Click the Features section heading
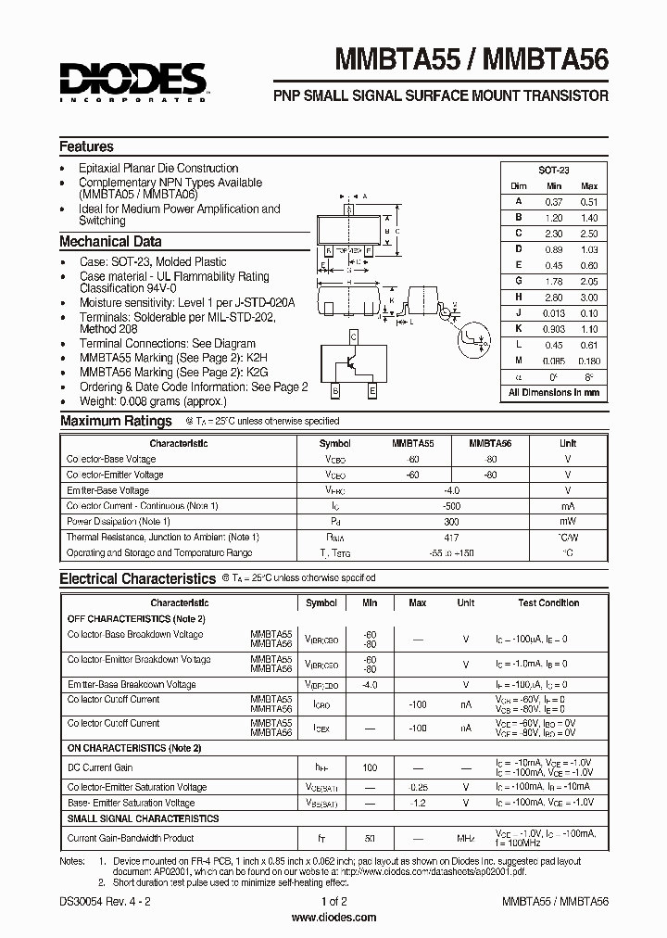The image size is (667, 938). click(86, 146)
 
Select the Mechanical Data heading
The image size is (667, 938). click(110, 242)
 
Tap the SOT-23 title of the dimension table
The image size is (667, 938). click(554, 171)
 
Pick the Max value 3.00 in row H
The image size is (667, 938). click(589, 297)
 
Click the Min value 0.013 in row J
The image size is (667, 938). click(553, 312)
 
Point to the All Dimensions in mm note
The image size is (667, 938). click(554, 392)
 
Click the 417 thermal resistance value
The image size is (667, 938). click(451, 537)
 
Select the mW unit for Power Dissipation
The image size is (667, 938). click(567, 521)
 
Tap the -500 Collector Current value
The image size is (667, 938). click(451, 505)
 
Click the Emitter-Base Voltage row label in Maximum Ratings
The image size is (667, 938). click(107, 490)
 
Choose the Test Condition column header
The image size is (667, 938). click(547, 602)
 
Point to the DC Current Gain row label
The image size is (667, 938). click(100, 767)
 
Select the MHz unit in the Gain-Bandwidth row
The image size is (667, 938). click(465, 838)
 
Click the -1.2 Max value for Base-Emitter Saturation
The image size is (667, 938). click(417, 803)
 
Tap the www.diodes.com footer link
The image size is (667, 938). click(333, 918)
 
